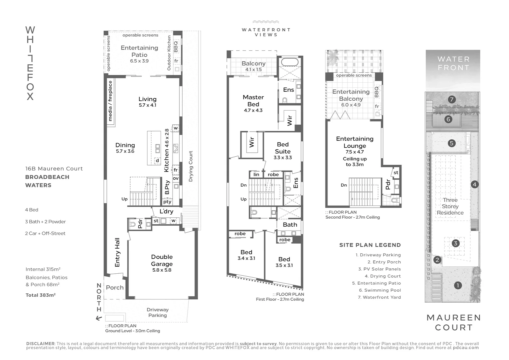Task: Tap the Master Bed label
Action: coord(253,101)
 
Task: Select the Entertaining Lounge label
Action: coord(354,142)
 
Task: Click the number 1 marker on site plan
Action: coord(458,285)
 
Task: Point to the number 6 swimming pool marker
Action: coord(448,119)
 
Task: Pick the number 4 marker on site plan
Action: coord(474,184)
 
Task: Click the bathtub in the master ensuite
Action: coord(289,62)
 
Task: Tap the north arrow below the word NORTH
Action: coord(99,318)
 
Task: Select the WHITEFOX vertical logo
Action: coord(30,63)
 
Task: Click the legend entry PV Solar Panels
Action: coord(379,269)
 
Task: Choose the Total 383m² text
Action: coord(40,295)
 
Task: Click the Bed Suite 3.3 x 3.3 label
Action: coord(282,150)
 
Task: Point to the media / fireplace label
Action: coord(110,101)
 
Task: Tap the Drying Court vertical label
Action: coord(191,166)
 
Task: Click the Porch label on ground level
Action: coord(115,287)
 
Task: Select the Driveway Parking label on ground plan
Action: coord(158,312)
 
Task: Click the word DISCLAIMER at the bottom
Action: coord(40,344)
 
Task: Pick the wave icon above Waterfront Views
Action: coord(265,22)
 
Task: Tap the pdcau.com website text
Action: coord(466,348)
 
